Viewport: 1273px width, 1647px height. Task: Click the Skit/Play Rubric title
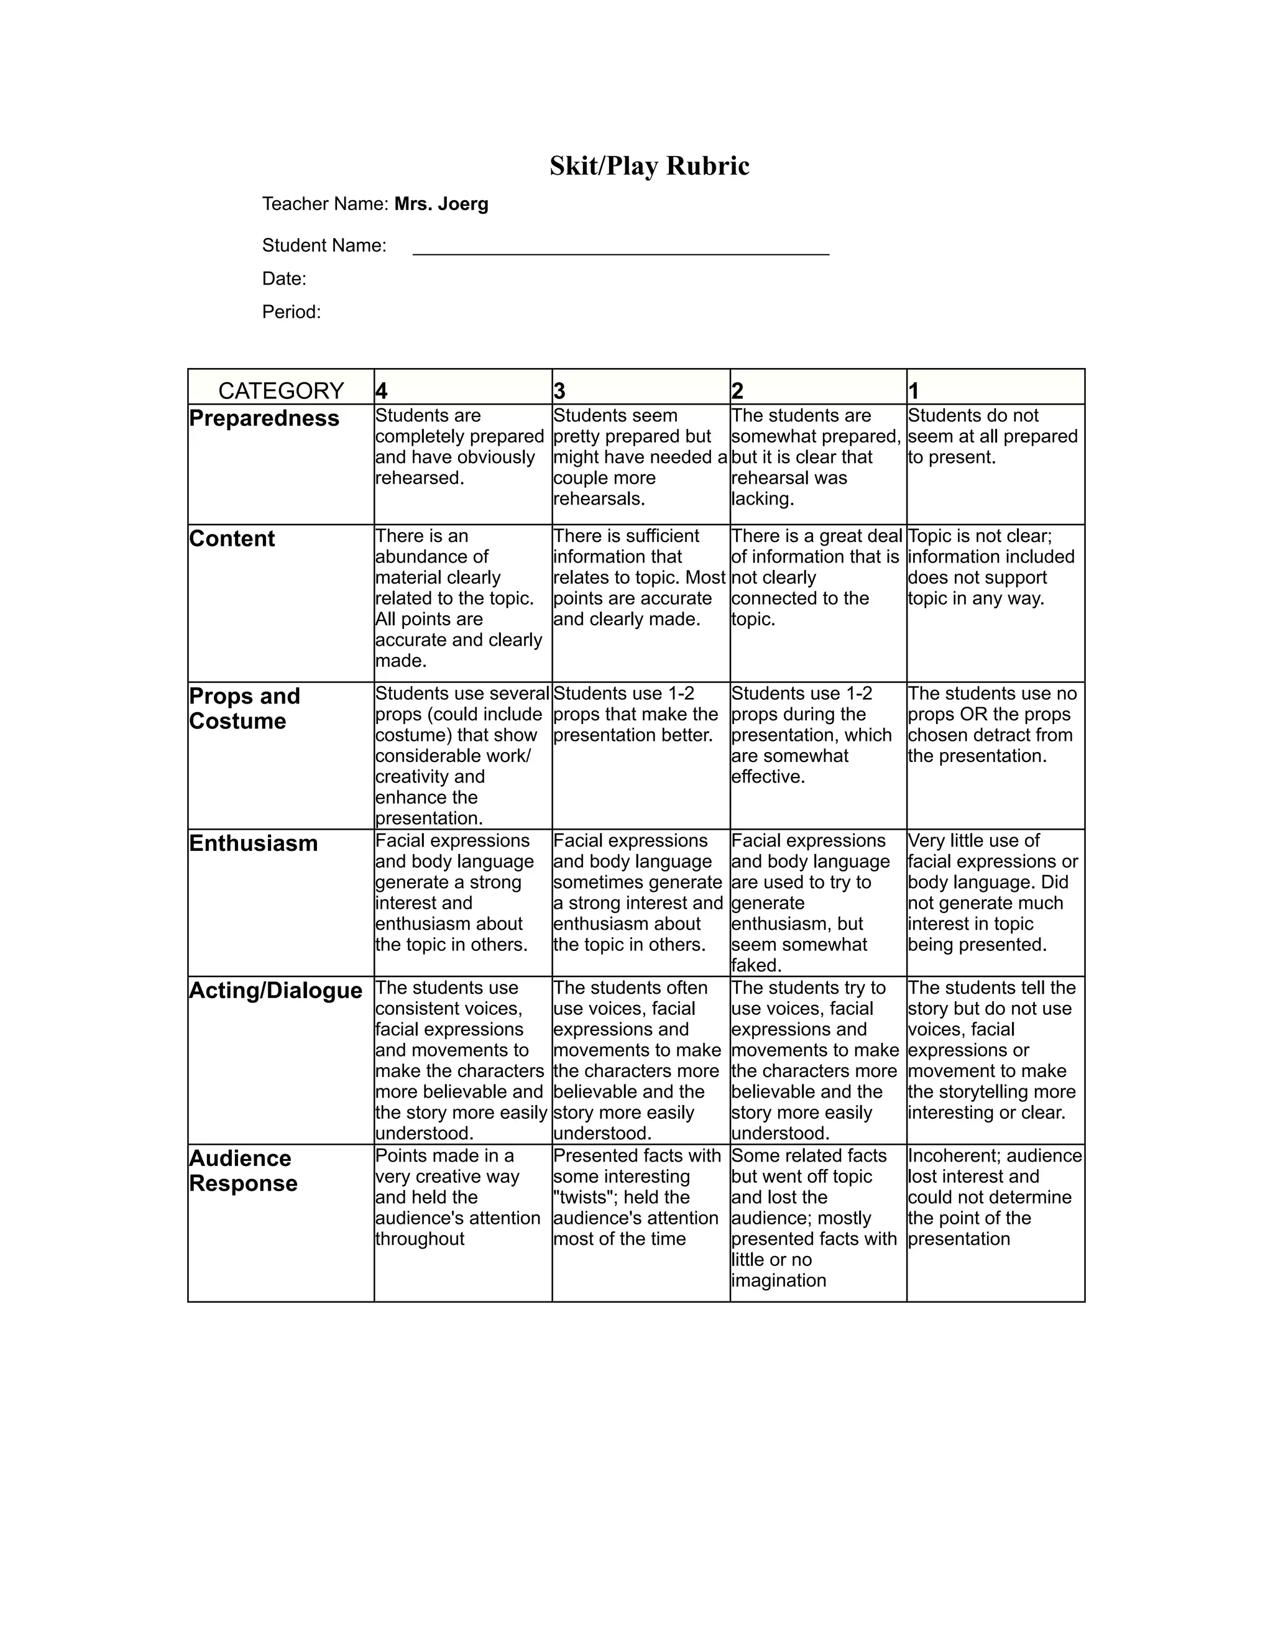(x=650, y=166)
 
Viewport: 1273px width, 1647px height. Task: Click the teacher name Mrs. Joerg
(x=441, y=204)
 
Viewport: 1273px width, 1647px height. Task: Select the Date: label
(x=284, y=279)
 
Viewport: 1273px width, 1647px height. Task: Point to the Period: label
(x=291, y=312)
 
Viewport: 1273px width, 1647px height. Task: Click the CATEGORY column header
(x=280, y=391)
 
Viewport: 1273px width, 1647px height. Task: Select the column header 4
(x=382, y=391)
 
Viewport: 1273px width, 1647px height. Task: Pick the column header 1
(x=913, y=391)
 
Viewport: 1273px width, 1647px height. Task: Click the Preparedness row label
(x=264, y=418)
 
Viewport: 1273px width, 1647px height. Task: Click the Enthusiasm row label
(x=254, y=843)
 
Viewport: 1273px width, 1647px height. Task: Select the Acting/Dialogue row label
(x=275, y=990)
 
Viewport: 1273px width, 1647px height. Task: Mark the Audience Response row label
(x=243, y=1170)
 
